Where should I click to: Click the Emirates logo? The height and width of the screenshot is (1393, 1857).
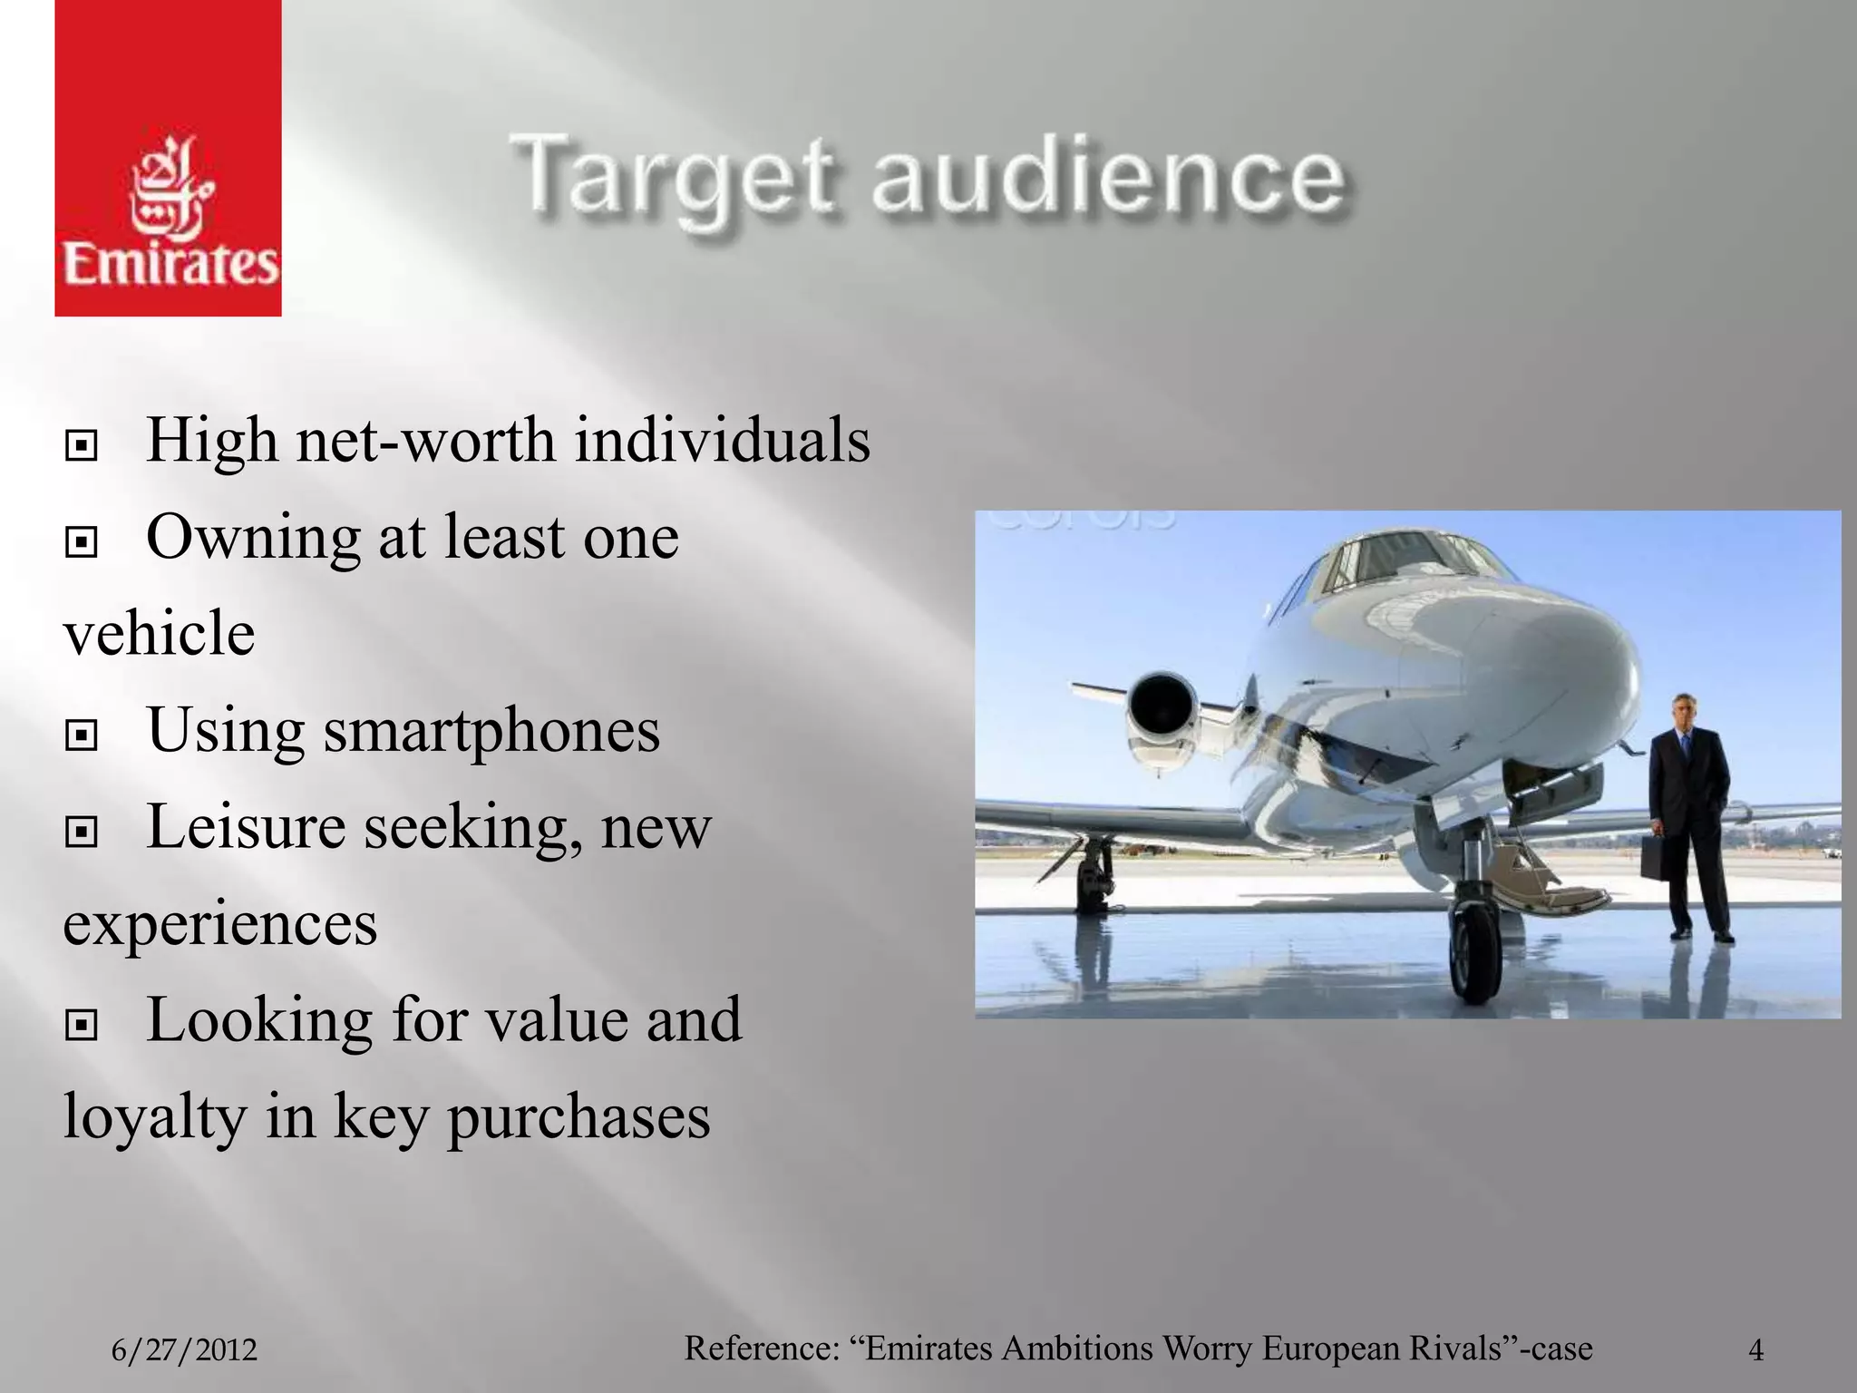[x=169, y=158]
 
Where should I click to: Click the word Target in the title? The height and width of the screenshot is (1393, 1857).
[x=671, y=177]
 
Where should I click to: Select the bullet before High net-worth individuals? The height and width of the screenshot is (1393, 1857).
[x=82, y=445]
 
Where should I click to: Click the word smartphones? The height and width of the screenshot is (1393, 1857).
[x=493, y=731]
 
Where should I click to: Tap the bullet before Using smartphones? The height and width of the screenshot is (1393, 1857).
[x=82, y=735]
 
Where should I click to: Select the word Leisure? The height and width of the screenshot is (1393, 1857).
[x=246, y=827]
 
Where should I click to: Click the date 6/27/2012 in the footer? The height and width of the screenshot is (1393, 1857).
[x=184, y=1350]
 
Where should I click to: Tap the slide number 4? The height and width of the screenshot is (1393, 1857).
[x=1755, y=1350]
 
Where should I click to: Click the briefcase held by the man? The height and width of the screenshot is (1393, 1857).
[x=1656, y=857]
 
